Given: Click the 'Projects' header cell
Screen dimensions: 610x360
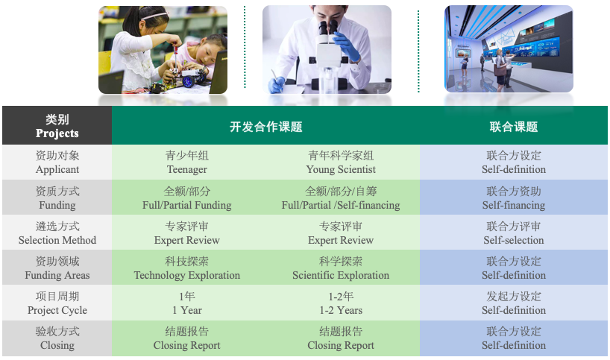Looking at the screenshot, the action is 57,125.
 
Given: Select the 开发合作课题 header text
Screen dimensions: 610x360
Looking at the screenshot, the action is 266,127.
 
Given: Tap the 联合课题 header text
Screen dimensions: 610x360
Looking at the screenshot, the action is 514,127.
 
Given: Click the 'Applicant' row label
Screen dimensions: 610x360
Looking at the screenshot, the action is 57,162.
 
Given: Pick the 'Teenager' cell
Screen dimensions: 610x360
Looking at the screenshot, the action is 187,162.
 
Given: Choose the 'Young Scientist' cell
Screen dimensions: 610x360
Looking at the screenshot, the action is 341,162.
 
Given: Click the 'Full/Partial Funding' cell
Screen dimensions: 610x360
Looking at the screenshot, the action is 187,198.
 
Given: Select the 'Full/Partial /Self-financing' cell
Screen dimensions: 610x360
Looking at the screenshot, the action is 341,198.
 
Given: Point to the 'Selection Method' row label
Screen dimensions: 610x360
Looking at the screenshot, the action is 57,233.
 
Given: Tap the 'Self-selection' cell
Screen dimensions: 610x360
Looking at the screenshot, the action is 514,233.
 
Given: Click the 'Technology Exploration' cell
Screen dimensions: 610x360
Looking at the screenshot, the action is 187,268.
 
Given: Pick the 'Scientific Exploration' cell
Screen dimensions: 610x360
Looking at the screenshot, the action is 341,268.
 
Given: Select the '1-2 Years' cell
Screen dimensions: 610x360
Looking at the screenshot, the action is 341,303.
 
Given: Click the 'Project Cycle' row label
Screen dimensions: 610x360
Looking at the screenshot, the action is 57,303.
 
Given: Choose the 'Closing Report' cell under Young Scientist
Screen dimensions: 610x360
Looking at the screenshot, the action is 341,338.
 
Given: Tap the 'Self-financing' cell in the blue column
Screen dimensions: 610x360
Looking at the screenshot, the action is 514,198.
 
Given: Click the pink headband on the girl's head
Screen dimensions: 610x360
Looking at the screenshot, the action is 155,16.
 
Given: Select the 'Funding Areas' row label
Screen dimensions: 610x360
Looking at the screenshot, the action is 57,268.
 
